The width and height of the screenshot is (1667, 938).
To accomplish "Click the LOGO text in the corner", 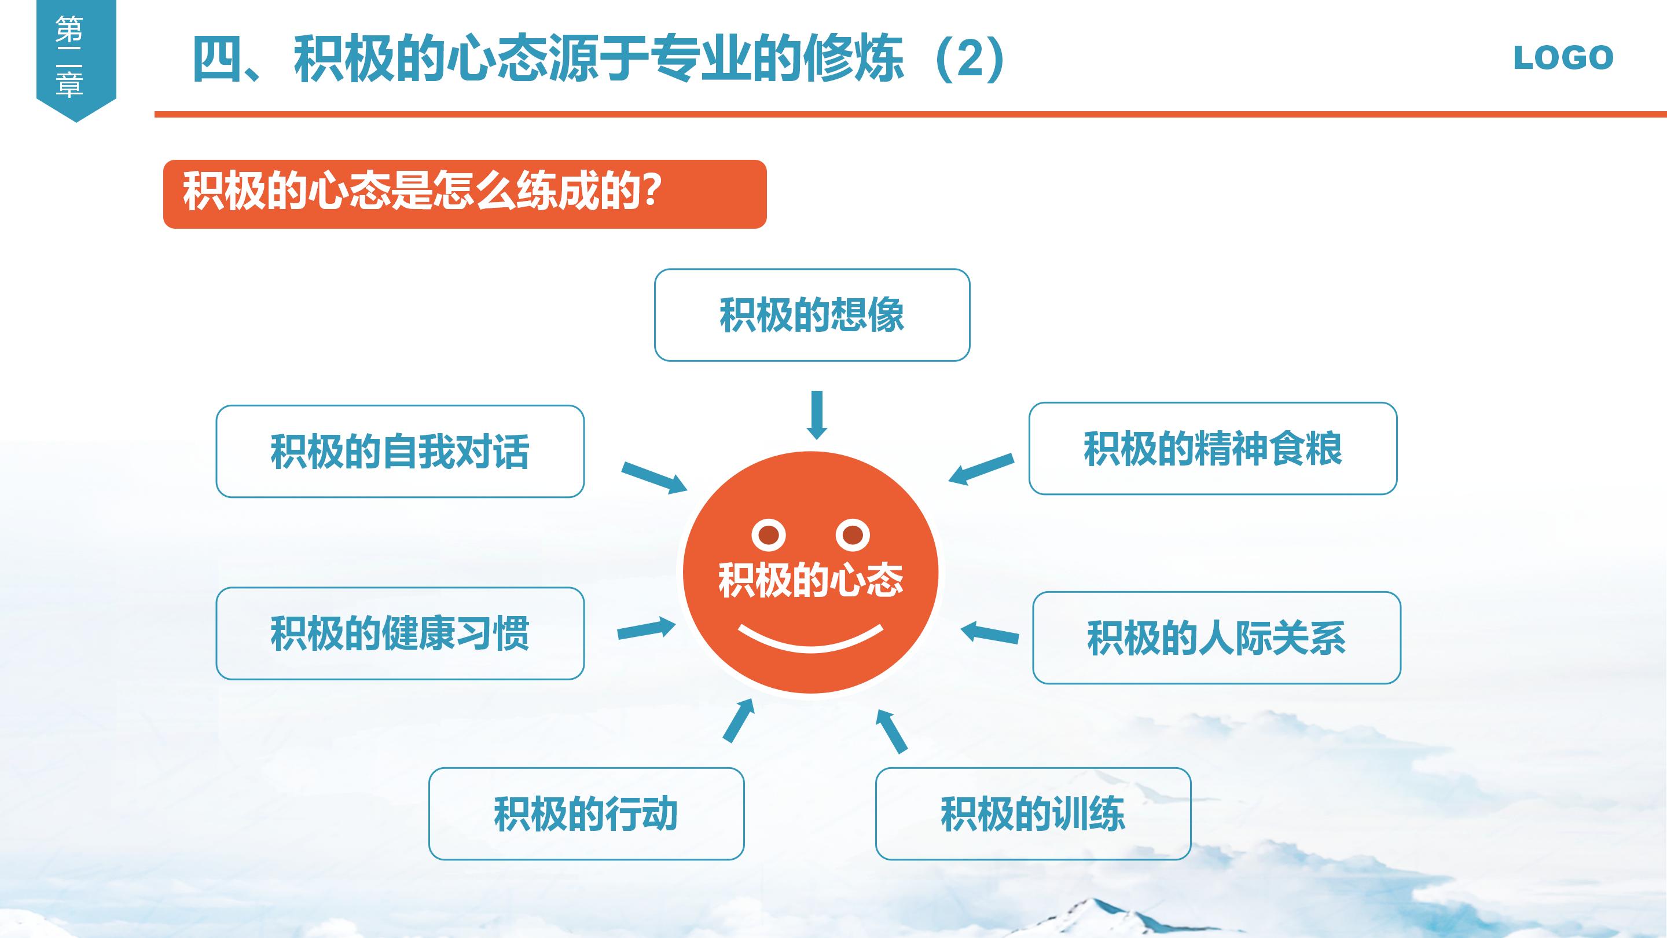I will click(1563, 58).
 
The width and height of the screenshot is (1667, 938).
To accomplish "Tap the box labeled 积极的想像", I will click(812, 315).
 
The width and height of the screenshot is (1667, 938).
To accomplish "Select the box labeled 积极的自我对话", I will click(400, 451).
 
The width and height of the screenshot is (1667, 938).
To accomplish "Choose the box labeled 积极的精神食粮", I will click(1213, 449).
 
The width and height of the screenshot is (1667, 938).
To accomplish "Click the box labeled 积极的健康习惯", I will click(400, 633).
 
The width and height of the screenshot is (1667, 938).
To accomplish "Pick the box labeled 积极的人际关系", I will click(1217, 637).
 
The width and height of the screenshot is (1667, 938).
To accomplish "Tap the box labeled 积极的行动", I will click(586, 814).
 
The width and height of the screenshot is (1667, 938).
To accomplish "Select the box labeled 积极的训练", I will click(1033, 814).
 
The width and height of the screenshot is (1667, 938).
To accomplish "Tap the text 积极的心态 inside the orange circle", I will click(811, 580).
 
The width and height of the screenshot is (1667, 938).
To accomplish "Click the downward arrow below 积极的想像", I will click(817, 415).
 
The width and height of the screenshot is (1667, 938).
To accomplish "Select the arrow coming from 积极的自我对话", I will click(653, 478).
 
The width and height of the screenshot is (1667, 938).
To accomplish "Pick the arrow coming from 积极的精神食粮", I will click(981, 468).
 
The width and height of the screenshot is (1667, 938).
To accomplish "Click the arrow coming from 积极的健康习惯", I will click(646, 629).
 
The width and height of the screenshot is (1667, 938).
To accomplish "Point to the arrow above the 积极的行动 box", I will click(739, 720).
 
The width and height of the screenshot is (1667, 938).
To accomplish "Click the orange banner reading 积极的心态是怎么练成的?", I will click(465, 194).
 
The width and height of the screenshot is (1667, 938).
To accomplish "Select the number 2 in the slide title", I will click(970, 60).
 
